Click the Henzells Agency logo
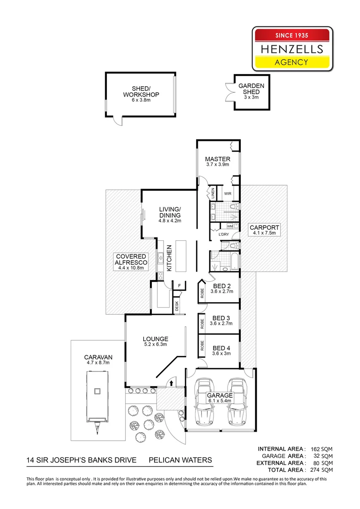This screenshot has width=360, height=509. [x=293, y=49]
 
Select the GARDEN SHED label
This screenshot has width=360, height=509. [x=251, y=89]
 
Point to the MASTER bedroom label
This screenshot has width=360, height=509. [x=217, y=159]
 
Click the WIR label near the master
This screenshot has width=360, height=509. [x=227, y=193]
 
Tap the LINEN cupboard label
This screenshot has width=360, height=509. [x=213, y=193]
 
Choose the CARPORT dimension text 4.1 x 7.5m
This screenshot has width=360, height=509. [x=264, y=233]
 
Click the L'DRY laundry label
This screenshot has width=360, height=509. [x=223, y=234]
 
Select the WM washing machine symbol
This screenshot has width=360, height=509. [x=230, y=226]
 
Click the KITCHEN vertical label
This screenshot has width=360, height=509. [x=169, y=257]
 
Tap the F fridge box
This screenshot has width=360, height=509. [x=179, y=286]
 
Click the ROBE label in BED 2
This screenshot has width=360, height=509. [x=201, y=293]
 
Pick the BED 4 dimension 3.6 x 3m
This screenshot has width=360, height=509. [x=221, y=354]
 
